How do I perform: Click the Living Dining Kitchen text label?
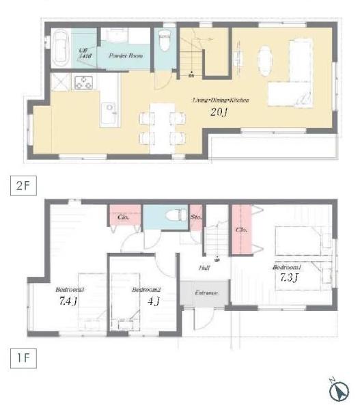coord(221,100)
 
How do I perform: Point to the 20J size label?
coord(219,113)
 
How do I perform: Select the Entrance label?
coord(206,292)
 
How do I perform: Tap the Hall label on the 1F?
coord(204,269)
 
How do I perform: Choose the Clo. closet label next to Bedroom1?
coord(240,230)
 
